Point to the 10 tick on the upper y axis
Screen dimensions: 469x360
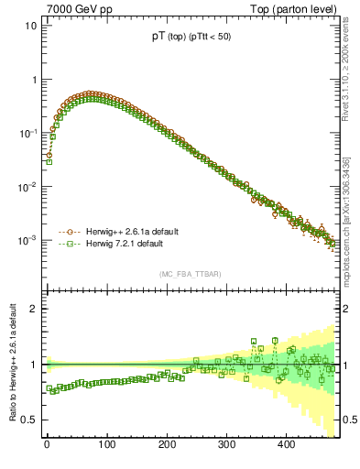tap(30, 26)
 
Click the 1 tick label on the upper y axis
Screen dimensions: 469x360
tap(33, 80)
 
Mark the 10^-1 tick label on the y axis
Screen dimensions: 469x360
tap(28, 133)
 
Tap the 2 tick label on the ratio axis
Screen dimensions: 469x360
tap(33, 309)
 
